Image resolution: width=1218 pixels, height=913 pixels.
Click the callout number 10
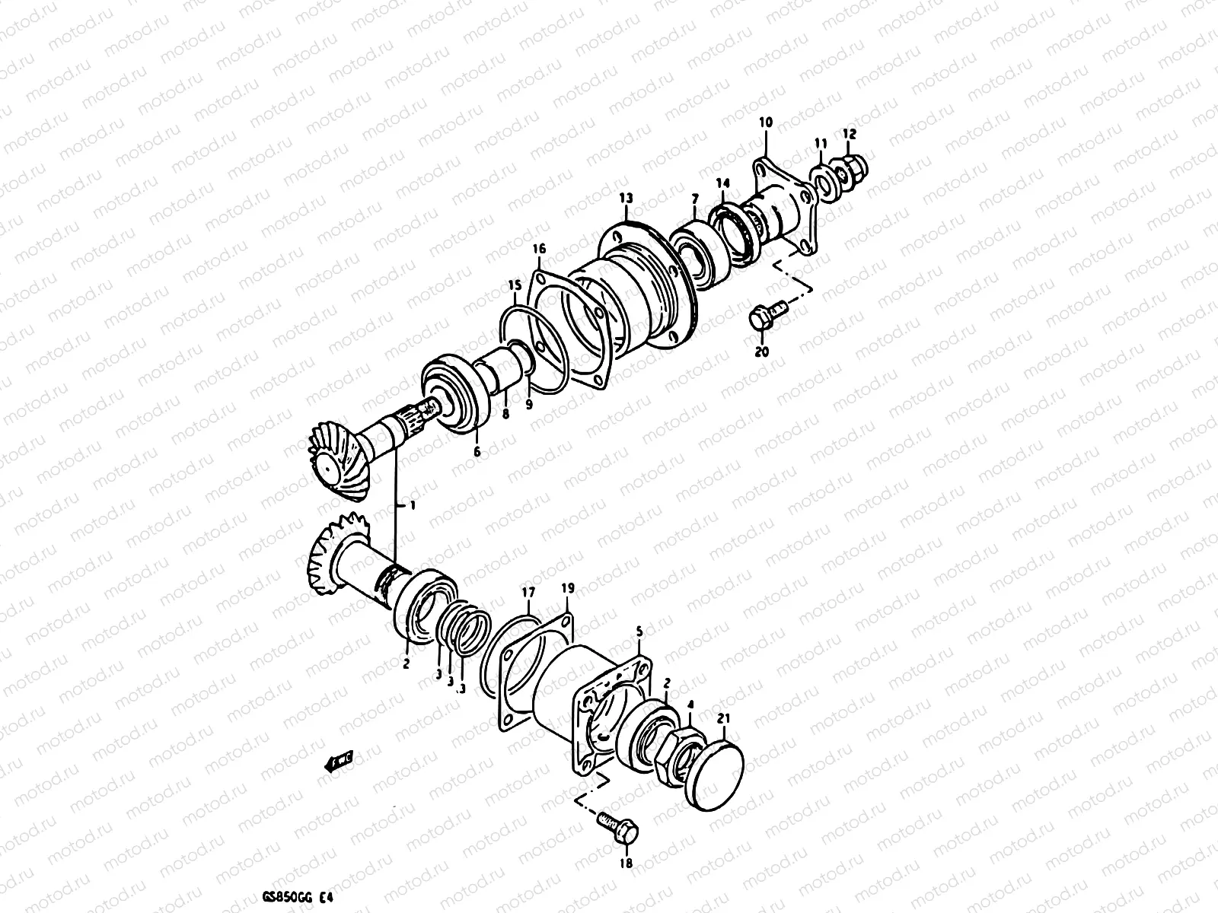pyautogui.click(x=766, y=122)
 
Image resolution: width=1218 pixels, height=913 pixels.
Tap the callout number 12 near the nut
pyautogui.click(x=850, y=134)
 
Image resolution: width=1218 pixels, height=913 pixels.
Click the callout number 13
pyautogui.click(x=626, y=199)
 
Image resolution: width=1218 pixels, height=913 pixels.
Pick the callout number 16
pyautogui.click(x=539, y=249)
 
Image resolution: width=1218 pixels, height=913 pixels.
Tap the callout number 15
pyautogui.click(x=515, y=285)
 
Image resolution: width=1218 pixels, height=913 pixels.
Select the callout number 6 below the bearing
pyautogui.click(x=477, y=452)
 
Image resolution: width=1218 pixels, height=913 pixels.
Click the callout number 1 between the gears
pyautogui.click(x=413, y=505)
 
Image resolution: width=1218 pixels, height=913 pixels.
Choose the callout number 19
pyautogui.click(x=567, y=588)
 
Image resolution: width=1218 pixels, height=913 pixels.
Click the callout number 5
pyautogui.click(x=639, y=631)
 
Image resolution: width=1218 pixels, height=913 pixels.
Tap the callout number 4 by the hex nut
pyautogui.click(x=690, y=705)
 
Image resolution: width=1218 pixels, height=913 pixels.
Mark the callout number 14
pyautogui.click(x=722, y=183)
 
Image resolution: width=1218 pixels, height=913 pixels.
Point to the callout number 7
pyautogui.click(x=693, y=199)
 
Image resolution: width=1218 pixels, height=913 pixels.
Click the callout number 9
pyautogui.click(x=528, y=405)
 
